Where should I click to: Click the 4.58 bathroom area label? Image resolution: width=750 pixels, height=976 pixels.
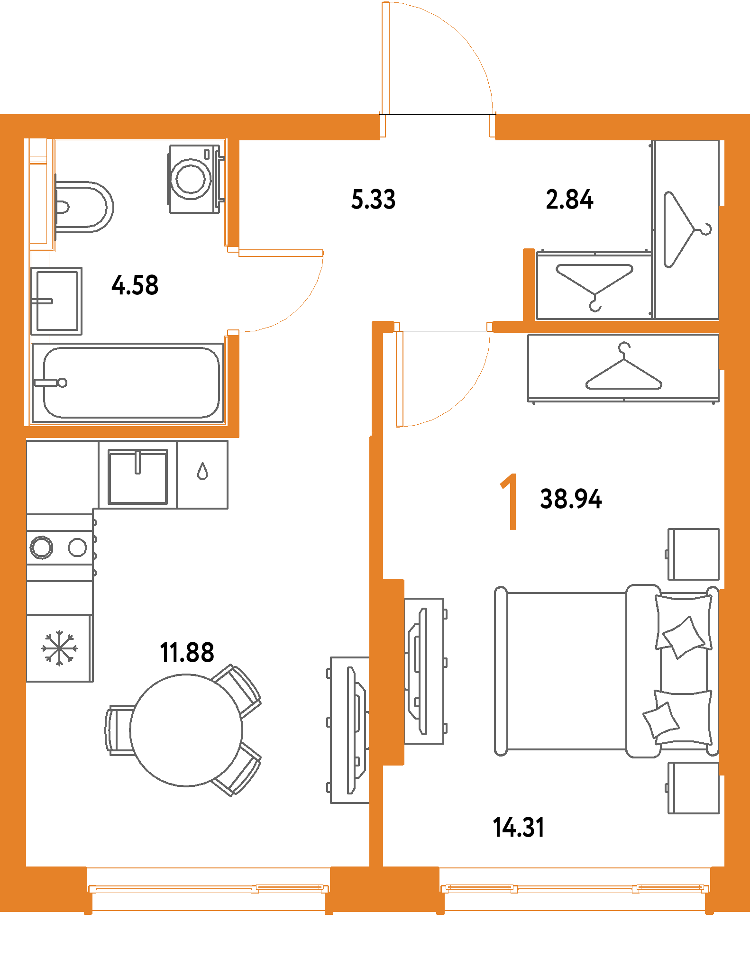135,285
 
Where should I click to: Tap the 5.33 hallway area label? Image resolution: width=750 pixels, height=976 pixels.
374,199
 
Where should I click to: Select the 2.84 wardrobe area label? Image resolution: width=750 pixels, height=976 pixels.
569,199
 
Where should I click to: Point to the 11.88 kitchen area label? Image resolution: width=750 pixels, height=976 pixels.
187,652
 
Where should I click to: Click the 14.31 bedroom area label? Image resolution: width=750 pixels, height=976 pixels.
519,828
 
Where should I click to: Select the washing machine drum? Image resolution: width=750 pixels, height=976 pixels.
191,179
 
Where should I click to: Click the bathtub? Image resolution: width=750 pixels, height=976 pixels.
131,383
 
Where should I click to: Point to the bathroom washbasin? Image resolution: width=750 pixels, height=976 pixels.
57,301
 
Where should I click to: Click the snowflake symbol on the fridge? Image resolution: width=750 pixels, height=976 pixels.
60,648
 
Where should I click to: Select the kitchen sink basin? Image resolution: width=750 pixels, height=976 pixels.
138,476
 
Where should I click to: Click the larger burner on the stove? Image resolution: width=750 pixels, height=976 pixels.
42,547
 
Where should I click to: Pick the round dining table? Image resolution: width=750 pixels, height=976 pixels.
186,730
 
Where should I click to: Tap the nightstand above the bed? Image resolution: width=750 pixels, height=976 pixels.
694,554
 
